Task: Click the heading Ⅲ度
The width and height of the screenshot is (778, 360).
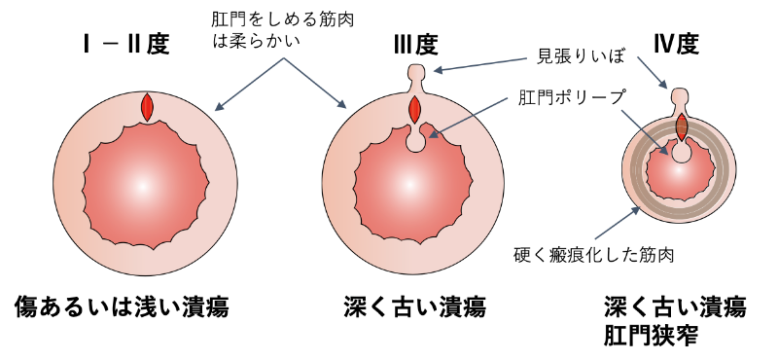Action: (x=415, y=44)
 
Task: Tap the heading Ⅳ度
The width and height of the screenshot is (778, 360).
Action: (x=677, y=44)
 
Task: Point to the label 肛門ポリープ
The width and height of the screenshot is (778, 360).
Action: (x=573, y=97)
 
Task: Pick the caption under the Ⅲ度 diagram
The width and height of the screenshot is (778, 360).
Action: (x=414, y=307)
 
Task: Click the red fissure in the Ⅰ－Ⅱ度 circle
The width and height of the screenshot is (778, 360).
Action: (x=147, y=107)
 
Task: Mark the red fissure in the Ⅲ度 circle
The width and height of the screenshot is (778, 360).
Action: (x=415, y=108)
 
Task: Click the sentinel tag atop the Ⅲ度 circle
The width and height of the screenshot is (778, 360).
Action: (x=415, y=73)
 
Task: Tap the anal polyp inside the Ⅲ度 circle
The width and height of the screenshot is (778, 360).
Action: (x=415, y=142)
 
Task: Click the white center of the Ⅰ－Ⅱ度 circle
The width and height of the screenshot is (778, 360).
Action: (x=143, y=186)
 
